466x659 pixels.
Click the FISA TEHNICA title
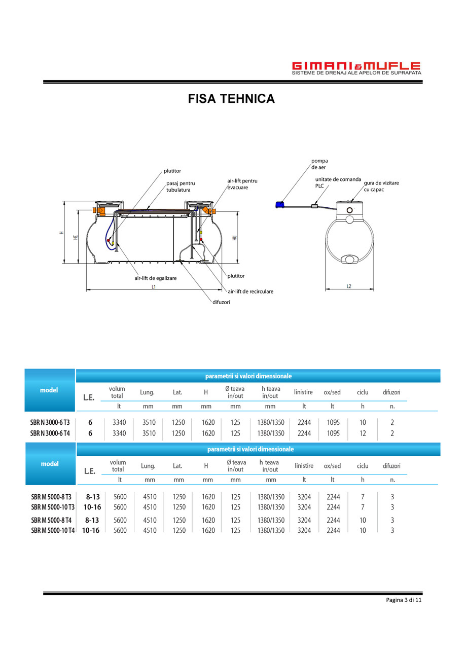coord(231,99)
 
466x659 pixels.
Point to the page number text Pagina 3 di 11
coord(404,600)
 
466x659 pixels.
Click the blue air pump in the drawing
coord(279,204)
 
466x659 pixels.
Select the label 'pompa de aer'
coord(319,164)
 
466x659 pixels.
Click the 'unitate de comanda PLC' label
coord(338,182)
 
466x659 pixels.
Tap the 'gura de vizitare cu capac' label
coord(381,186)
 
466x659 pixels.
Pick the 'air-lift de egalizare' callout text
coord(155,278)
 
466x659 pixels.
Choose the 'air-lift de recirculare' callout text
coord(250,291)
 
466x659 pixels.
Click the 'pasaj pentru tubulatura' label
coord(181,186)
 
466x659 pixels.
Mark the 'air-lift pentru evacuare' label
coord(242,184)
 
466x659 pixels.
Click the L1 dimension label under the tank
coord(153,286)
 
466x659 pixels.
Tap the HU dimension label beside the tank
coord(234,237)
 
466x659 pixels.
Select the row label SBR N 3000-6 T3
coord(50,422)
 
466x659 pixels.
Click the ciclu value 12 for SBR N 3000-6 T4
coord(363,433)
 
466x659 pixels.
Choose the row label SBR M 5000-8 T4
coord(51,520)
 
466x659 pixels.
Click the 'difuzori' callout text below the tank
coord(221,302)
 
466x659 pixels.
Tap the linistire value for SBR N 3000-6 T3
coord(304,422)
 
